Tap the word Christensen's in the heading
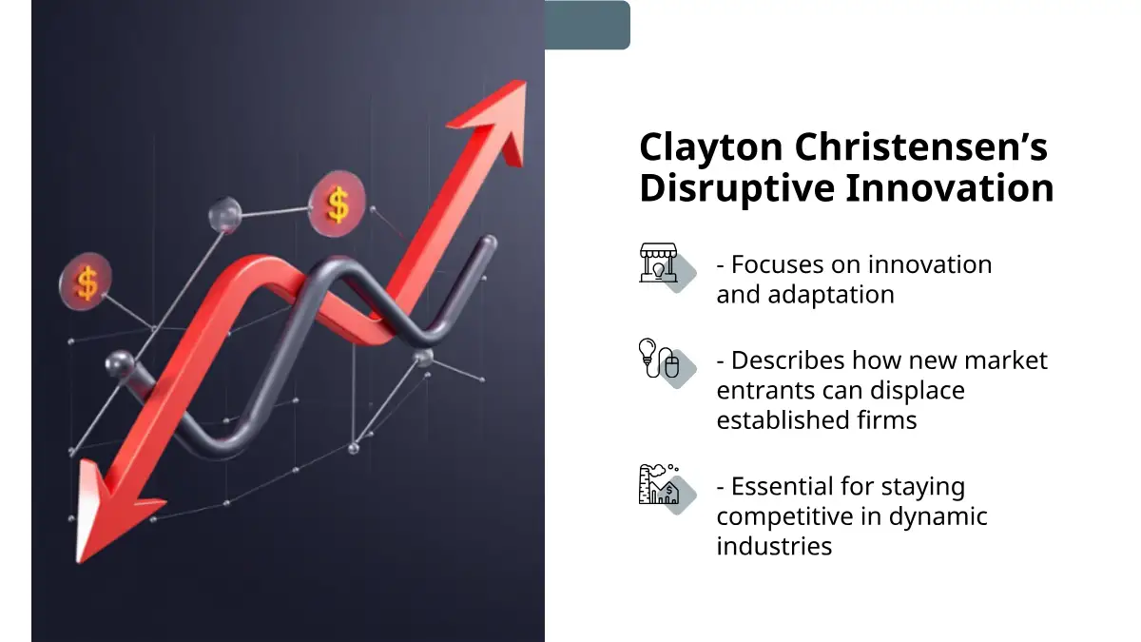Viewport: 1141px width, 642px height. click(x=921, y=146)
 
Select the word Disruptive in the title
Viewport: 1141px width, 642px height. click(x=737, y=189)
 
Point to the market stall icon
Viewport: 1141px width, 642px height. click(x=659, y=263)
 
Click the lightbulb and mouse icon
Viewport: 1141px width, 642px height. click(x=659, y=359)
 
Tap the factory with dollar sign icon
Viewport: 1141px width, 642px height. click(x=659, y=484)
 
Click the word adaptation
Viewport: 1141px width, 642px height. click(x=831, y=295)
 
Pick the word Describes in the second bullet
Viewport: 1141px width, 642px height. click(x=788, y=360)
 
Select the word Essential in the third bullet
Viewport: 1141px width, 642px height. click(x=783, y=486)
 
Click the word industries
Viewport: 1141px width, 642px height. click(x=774, y=546)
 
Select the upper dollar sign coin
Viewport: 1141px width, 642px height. click(x=338, y=204)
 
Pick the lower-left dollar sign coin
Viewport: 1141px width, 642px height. click(x=86, y=282)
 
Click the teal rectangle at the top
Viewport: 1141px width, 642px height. click(x=588, y=25)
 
